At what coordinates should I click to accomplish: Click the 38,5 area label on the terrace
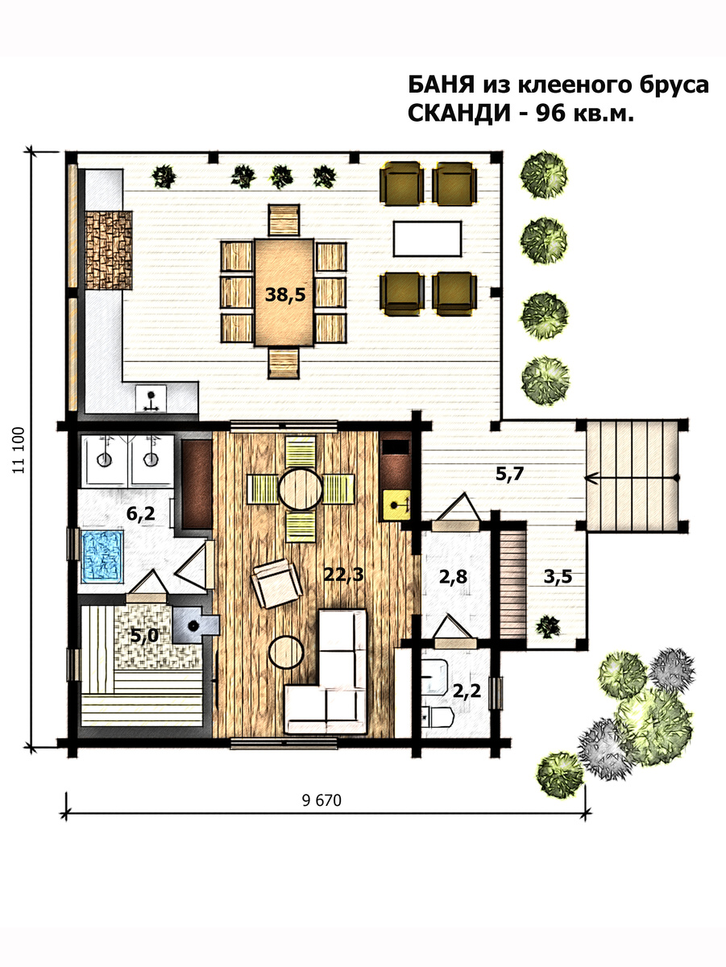[x=285, y=295]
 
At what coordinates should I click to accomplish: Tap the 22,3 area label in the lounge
[x=343, y=575]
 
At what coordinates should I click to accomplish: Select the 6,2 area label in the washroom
[x=141, y=513]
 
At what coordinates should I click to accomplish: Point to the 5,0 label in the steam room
[x=144, y=635]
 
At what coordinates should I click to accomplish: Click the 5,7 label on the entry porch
[x=510, y=474]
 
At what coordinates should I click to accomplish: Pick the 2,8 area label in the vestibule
[x=454, y=577]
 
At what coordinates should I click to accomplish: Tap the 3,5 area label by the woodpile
[x=558, y=577]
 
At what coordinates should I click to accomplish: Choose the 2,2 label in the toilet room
[x=467, y=691]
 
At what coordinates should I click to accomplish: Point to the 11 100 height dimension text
[x=19, y=450]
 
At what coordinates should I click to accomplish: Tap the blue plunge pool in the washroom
[x=102, y=556]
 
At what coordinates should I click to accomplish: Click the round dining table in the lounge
[x=301, y=488]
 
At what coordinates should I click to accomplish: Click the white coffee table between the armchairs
[x=427, y=239]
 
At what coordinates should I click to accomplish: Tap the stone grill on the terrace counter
[x=109, y=250]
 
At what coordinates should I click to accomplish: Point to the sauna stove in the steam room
[x=195, y=625]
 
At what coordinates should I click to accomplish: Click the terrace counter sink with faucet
[x=151, y=398]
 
